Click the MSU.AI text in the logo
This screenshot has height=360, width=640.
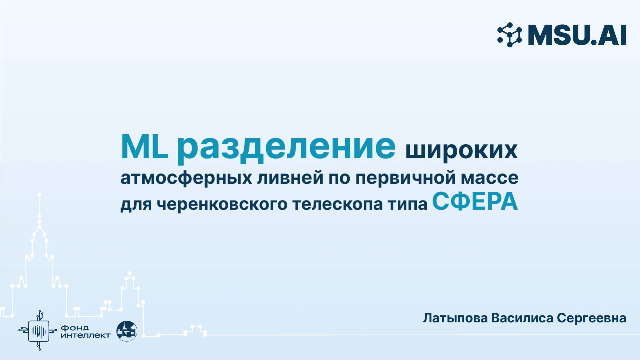pyautogui.click(x=577, y=35)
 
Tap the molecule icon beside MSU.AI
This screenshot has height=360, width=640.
pyautogui.click(x=509, y=35)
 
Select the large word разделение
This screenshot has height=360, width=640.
pyautogui.click(x=286, y=148)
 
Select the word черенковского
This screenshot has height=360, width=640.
pyautogui.click(x=222, y=204)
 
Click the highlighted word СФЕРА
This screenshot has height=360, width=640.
pyautogui.click(x=475, y=202)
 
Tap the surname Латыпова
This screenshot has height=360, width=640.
pyautogui.click(x=455, y=318)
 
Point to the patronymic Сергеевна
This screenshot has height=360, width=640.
pyautogui.click(x=591, y=318)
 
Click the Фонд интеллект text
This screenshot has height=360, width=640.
pyautogui.click(x=85, y=331)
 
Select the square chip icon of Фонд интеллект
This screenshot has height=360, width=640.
pyautogui.click(x=39, y=331)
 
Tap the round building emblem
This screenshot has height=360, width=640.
pyautogui.click(x=127, y=331)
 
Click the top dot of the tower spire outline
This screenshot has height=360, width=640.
pyautogui.click(x=39, y=194)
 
